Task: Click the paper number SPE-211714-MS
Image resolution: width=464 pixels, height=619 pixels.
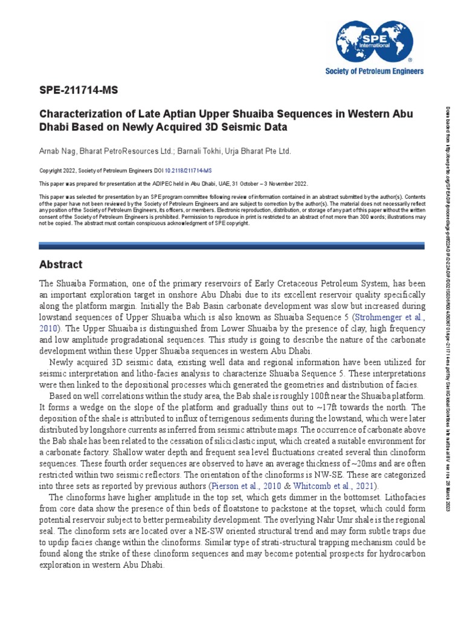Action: (x=79, y=91)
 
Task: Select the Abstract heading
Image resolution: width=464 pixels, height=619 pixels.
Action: (x=60, y=265)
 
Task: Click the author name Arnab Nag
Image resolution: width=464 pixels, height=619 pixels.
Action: (x=56, y=150)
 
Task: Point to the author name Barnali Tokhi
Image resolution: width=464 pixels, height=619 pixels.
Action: (x=202, y=150)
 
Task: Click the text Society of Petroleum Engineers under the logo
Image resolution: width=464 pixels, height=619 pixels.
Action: (x=375, y=71)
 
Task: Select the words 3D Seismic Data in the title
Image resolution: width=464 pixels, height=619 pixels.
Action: (x=245, y=128)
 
